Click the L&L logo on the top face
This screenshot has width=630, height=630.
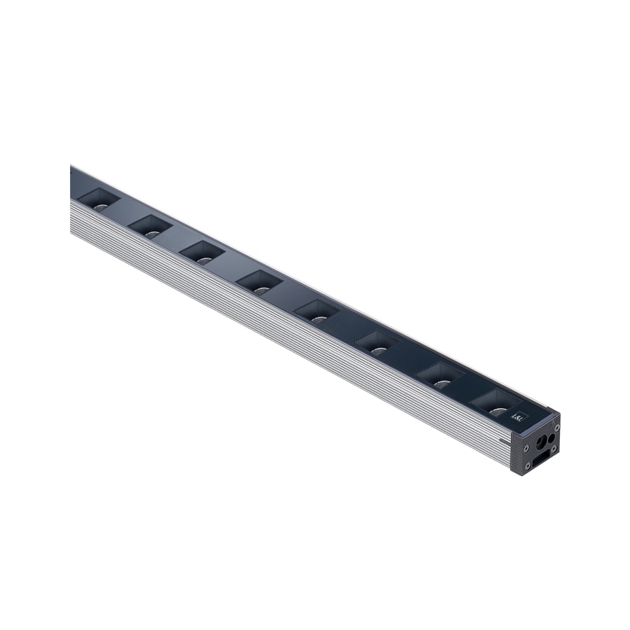point(519,414)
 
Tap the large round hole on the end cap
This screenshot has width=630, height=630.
point(540,443)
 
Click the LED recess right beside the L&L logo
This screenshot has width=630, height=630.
point(496,403)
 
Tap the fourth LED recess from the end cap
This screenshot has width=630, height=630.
point(317,311)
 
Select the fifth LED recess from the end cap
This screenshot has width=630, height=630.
point(260,283)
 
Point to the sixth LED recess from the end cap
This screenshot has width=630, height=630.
point(202,253)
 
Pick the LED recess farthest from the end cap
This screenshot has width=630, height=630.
point(97,200)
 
